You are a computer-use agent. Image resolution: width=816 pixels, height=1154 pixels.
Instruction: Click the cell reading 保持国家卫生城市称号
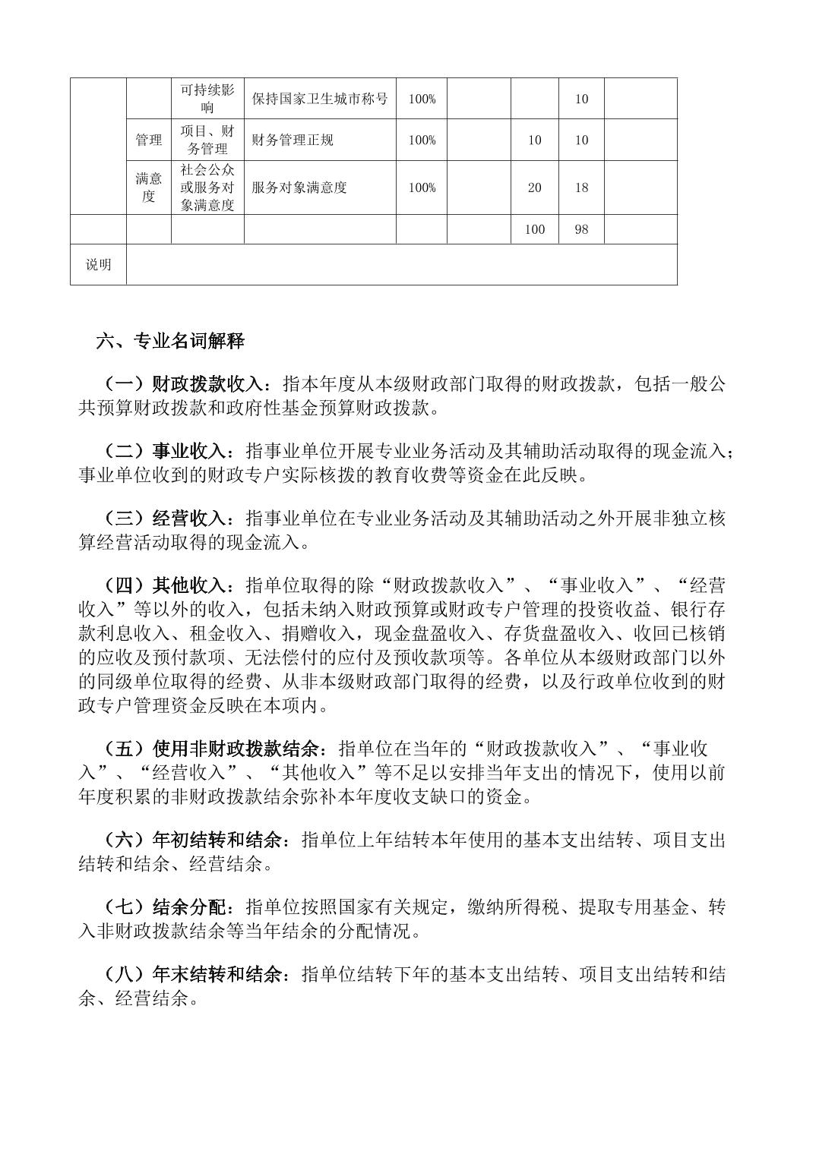coord(320,99)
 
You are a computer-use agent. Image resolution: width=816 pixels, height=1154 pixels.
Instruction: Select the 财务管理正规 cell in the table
coord(293,140)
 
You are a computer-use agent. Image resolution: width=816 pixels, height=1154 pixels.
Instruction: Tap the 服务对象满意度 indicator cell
coord(299,188)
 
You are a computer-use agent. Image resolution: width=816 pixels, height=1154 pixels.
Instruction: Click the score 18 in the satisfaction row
coord(581,188)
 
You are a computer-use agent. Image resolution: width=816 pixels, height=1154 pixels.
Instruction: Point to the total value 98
coord(581,229)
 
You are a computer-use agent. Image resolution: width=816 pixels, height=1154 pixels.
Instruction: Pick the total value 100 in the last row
coord(535,229)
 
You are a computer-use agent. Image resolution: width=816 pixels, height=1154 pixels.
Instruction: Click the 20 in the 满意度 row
coord(535,188)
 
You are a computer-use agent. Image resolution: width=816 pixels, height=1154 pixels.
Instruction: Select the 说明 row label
coord(98,264)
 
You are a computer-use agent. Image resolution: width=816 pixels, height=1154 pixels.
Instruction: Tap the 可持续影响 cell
coord(207,99)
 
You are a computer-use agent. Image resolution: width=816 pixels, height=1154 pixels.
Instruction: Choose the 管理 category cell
coord(149,140)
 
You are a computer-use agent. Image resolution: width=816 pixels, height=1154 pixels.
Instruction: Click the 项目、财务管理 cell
coord(207,140)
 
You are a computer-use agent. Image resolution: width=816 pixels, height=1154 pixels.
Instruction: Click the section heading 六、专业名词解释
coord(170,342)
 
